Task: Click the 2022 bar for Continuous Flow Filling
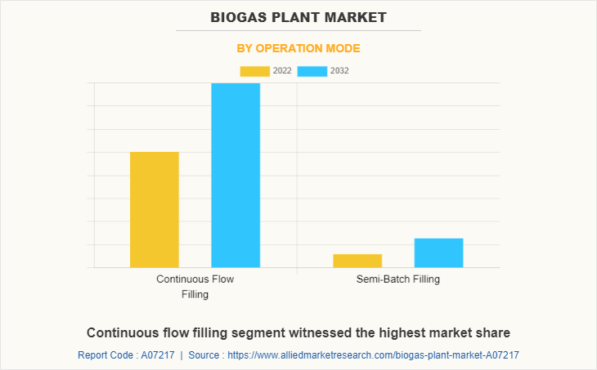point(155,209)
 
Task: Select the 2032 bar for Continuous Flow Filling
point(236,175)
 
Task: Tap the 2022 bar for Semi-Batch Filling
point(357,261)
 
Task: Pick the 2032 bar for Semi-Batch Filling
point(438,252)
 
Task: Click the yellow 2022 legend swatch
point(254,71)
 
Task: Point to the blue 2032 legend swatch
point(312,71)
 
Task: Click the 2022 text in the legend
point(282,71)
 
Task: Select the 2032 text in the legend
point(339,71)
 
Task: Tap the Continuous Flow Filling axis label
point(195,286)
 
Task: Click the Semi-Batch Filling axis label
point(398,279)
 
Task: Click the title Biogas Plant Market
point(298,16)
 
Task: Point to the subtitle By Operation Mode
point(298,48)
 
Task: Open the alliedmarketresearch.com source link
point(373,355)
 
